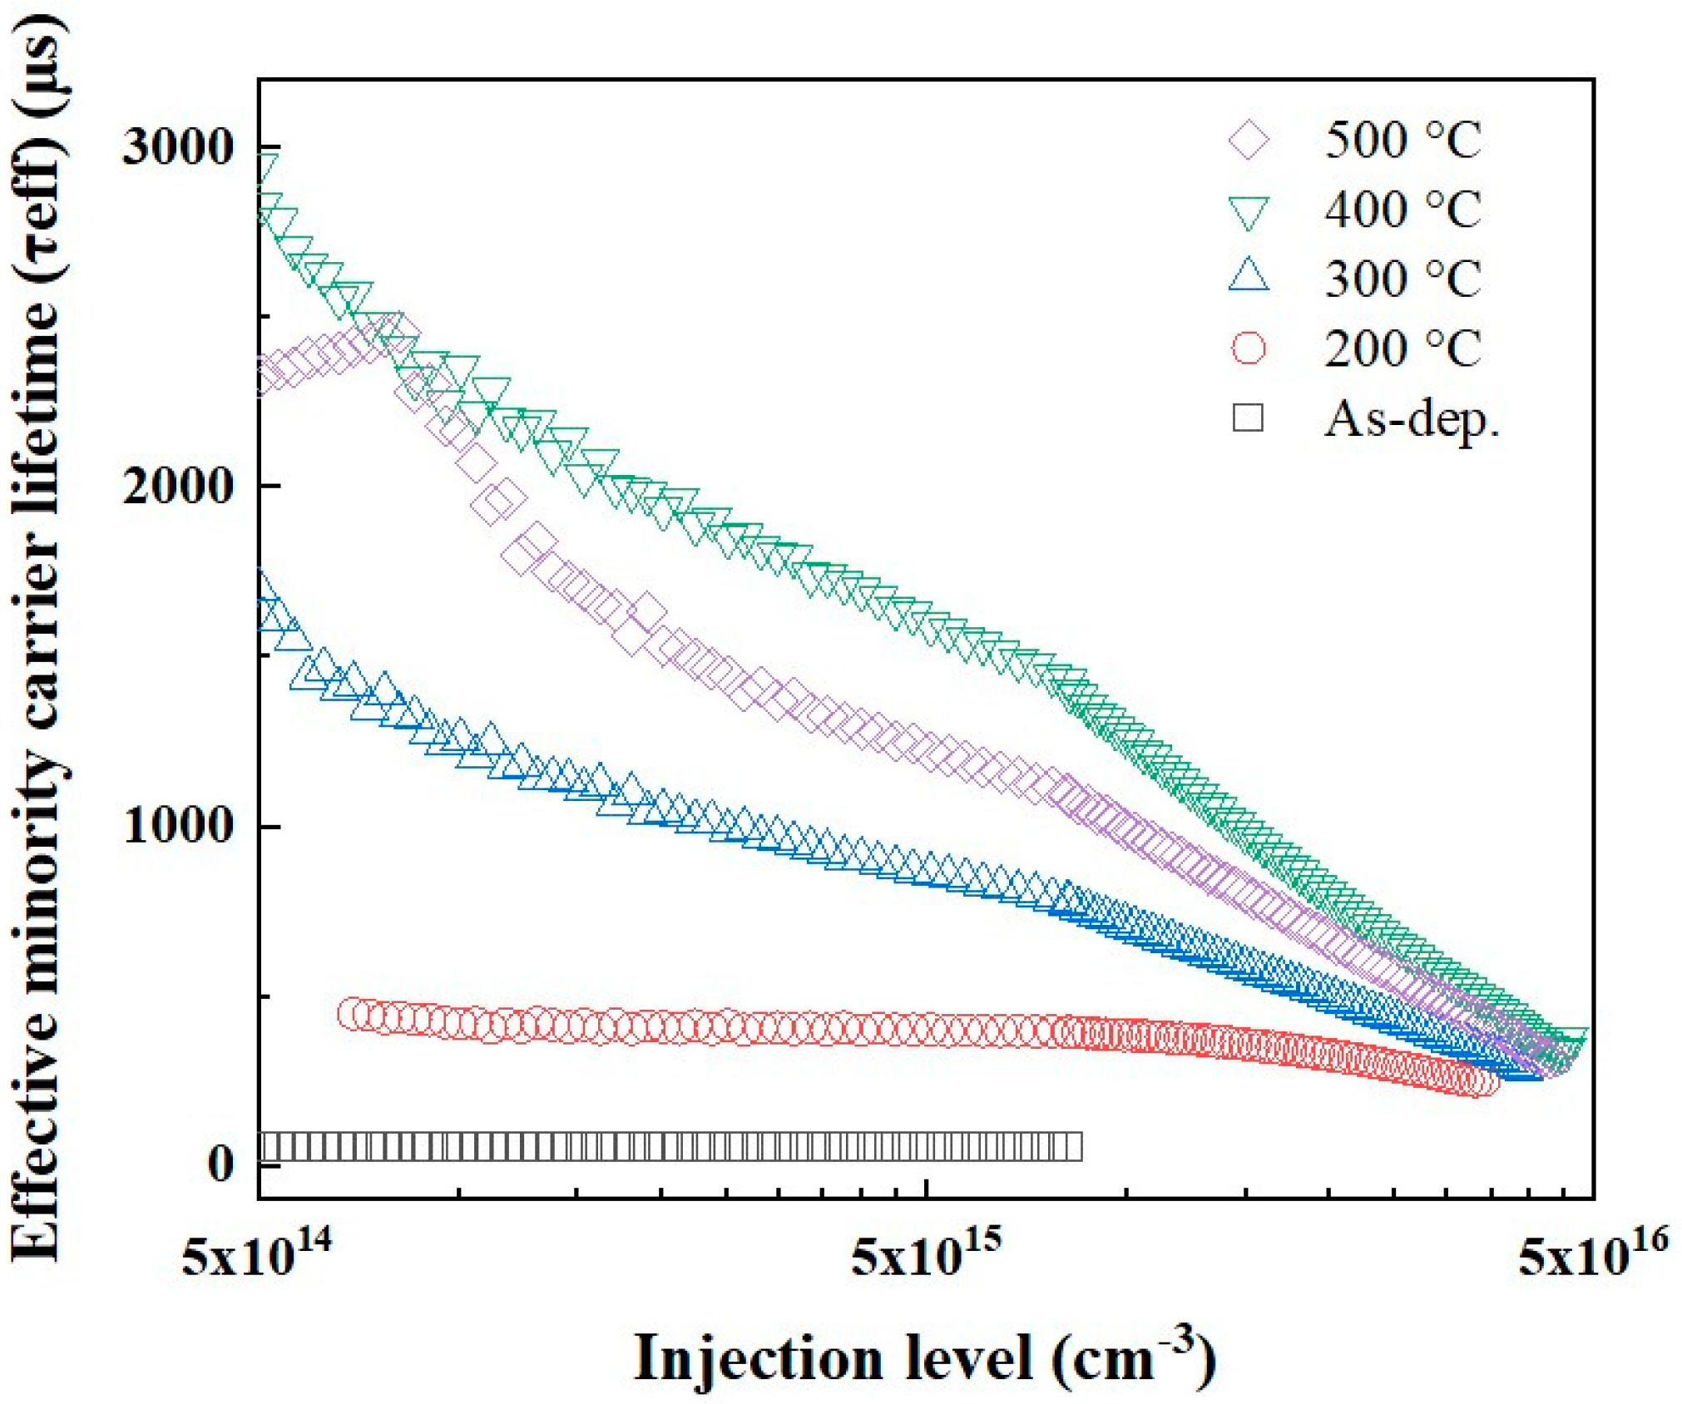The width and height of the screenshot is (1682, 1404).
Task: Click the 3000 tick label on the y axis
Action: pyautogui.click(x=176, y=148)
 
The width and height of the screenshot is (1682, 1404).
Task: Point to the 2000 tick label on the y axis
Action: pyautogui.click(x=176, y=486)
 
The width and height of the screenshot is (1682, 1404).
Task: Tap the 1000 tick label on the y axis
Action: pyautogui.click(x=176, y=827)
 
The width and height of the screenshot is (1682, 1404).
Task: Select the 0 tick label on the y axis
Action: pyautogui.click(x=220, y=1164)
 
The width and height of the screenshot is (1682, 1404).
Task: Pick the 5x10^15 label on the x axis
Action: pyautogui.click(x=925, y=1255)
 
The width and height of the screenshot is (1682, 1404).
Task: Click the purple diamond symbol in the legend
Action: pyautogui.click(x=1249, y=140)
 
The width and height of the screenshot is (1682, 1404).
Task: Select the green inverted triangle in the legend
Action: pyautogui.click(x=1249, y=211)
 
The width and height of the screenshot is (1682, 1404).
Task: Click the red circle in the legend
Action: pyautogui.click(x=1249, y=348)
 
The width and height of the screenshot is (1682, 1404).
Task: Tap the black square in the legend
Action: pyautogui.click(x=1248, y=418)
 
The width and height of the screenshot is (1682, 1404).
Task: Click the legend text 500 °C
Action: pyautogui.click(x=1402, y=140)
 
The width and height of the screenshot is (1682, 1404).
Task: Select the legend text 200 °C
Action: pyautogui.click(x=1402, y=349)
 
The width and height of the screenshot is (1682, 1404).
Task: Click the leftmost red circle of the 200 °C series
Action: pyautogui.click(x=353, y=1014)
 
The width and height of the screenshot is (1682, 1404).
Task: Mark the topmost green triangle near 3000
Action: pyautogui.click(x=266, y=166)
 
